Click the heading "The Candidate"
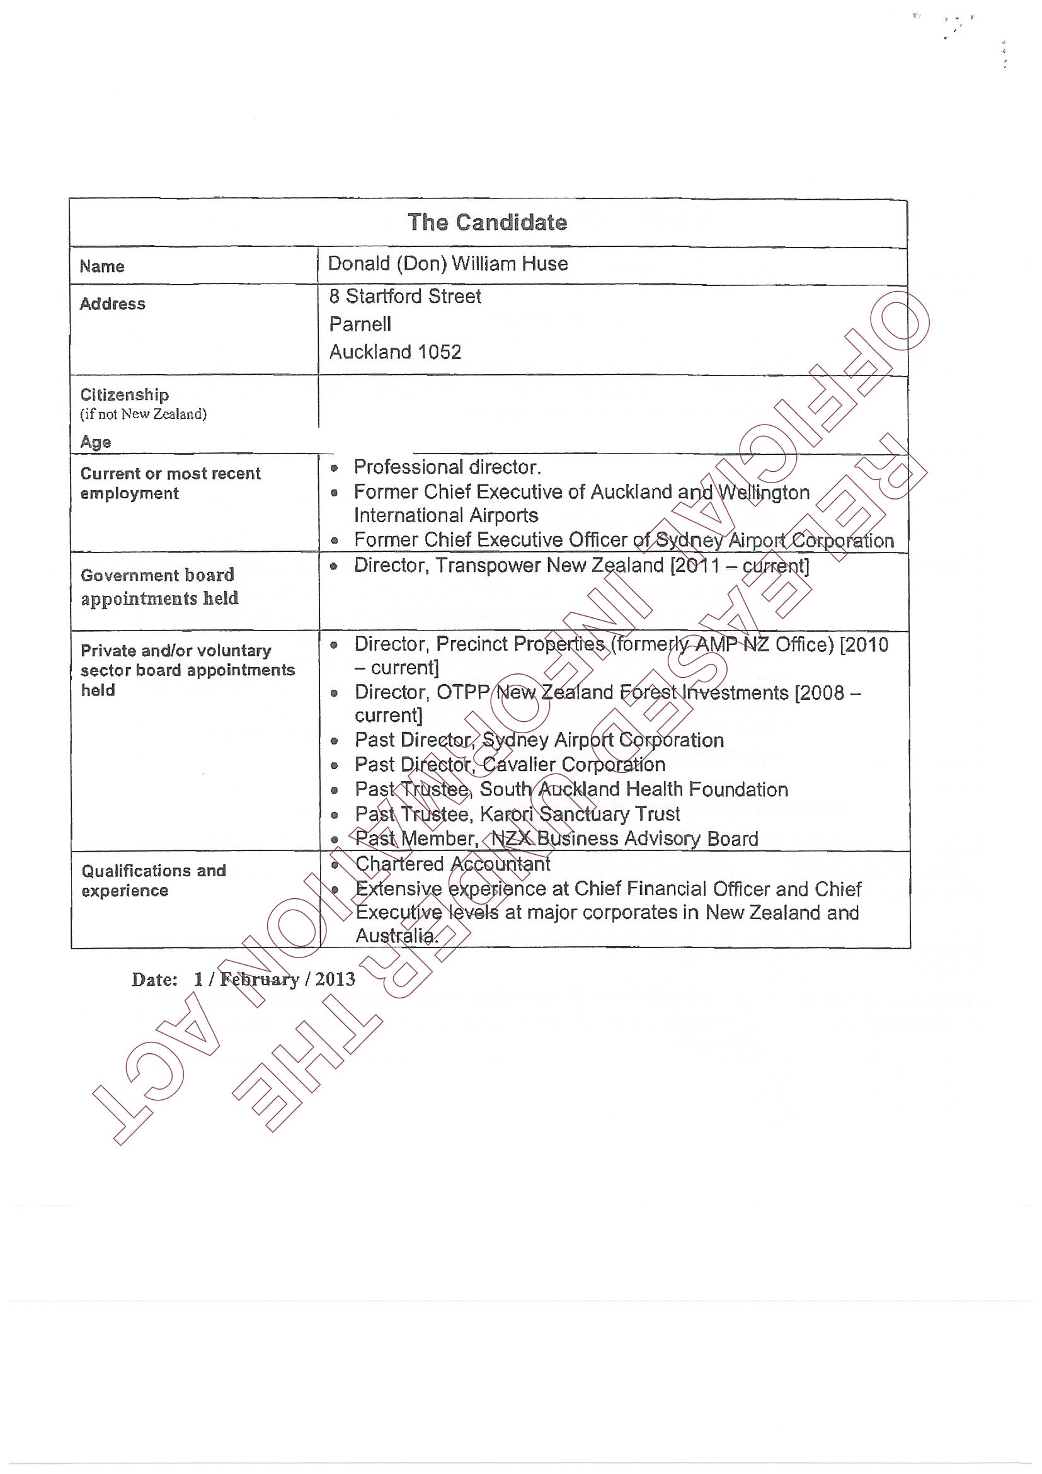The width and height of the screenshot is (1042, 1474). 487,223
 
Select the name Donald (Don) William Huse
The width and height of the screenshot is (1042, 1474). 447,264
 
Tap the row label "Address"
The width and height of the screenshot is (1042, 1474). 112,304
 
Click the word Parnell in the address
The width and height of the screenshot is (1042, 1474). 360,324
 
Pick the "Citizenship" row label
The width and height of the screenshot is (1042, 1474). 125,394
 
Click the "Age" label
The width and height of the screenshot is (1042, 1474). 95,442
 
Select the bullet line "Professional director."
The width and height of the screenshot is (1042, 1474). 447,467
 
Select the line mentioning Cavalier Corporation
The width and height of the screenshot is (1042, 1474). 510,765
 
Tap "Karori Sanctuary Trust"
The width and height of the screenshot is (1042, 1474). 580,814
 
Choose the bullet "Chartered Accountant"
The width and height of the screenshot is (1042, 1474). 452,864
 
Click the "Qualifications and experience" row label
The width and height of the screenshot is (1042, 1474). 154,880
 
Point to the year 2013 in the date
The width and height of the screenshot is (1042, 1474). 335,979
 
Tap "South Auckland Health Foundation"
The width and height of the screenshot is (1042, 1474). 634,790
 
